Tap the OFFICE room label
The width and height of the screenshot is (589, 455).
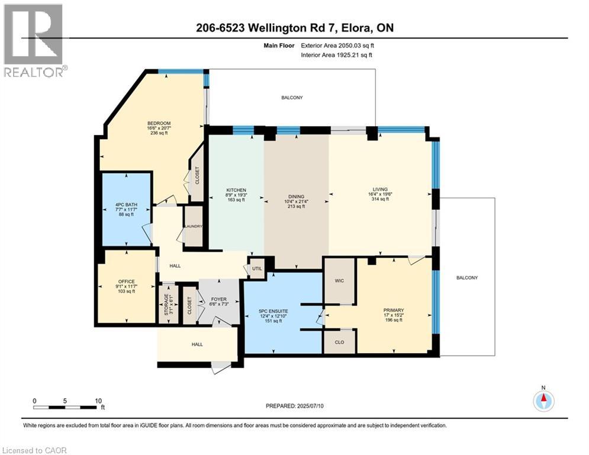click(126, 281)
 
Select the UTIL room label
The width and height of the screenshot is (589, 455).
click(256, 268)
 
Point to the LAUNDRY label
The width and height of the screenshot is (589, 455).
click(194, 226)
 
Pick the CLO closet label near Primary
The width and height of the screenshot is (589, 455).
click(339, 342)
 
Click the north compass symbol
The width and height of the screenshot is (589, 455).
click(543, 401)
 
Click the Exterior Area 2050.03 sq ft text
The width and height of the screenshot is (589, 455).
click(337, 45)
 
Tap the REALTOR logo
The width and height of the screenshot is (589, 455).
click(34, 40)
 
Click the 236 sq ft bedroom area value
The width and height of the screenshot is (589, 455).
click(158, 133)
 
